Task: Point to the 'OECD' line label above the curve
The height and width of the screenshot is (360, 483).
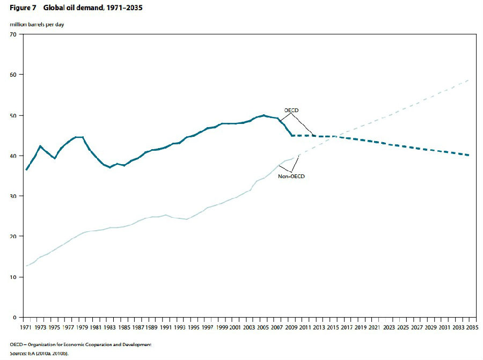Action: click(291, 111)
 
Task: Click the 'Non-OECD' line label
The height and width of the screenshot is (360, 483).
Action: click(292, 175)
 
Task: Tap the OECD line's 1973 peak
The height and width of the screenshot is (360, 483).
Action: click(40, 146)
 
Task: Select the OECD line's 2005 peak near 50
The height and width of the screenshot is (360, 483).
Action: click(264, 115)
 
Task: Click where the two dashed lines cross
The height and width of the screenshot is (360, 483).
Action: click(334, 136)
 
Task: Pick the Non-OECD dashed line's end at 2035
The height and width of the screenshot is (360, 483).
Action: click(470, 79)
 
